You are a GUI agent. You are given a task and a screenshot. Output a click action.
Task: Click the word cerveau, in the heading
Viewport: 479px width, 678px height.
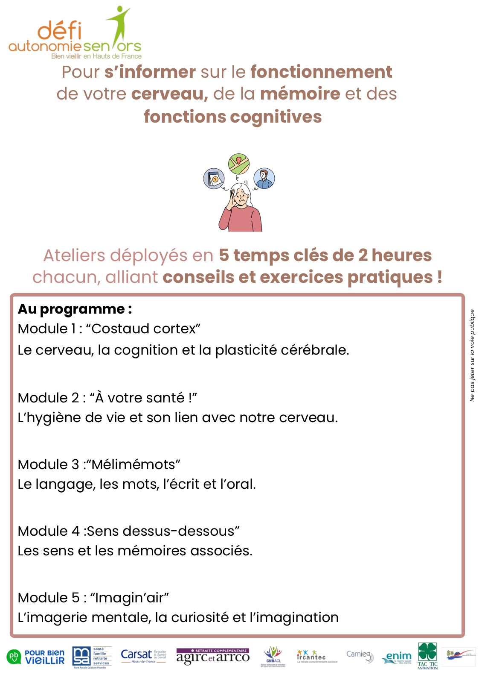tap(169, 94)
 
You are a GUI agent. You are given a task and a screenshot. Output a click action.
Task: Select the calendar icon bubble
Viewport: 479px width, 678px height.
tap(214, 179)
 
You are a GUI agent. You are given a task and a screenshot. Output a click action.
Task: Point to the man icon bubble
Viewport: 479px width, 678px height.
tap(264, 179)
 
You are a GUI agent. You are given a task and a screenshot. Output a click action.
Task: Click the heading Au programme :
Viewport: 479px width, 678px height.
tap(75, 309)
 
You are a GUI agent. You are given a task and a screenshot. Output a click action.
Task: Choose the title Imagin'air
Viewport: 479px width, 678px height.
tap(130, 598)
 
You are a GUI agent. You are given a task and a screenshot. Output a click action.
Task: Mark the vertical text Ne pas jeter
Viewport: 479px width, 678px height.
tap(472, 355)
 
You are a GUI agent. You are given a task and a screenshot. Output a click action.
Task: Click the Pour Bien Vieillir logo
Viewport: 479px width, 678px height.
tap(36, 657)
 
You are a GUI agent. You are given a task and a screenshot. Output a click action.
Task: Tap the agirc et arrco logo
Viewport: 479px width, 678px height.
tap(212, 657)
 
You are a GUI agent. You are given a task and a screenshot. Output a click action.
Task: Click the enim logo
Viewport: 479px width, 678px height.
tap(398, 657)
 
